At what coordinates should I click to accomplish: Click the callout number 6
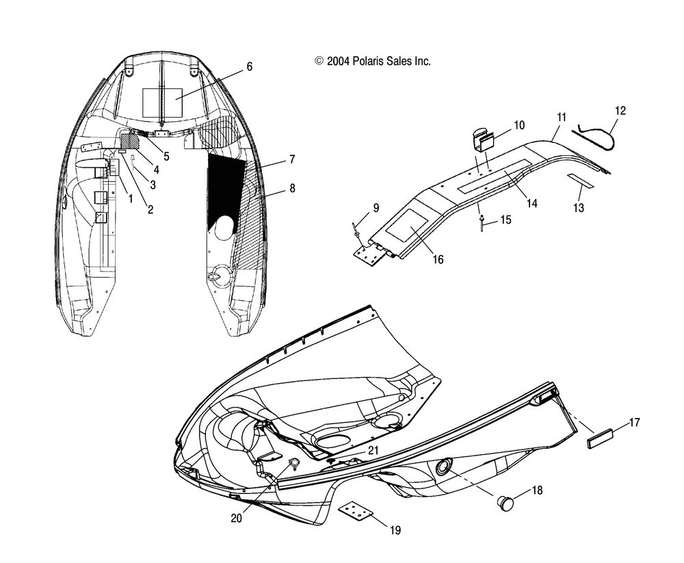click(x=250, y=67)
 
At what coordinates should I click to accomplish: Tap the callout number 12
click(x=620, y=111)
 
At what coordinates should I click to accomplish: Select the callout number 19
click(x=395, y=530)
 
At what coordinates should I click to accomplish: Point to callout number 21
click(x=373, y=450)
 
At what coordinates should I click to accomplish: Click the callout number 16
click(x=438, y=260)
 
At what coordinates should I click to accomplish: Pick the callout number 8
click(x=292, y=188)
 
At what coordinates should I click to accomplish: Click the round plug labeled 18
click(x=506, y=503)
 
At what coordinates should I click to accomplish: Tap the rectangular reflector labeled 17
click(x=600, y=438)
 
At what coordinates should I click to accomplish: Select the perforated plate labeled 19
click(x=356, y=513)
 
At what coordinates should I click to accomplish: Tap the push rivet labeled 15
click(x=482, y=222)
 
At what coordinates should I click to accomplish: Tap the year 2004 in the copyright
click(x=338, y=61)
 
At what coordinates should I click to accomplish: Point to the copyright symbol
click(x=319, y=61)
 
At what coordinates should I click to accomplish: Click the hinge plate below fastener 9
click(x=370, y=254)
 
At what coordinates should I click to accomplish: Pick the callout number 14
click(x=531, y=203)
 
